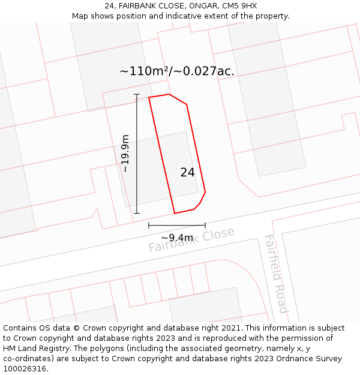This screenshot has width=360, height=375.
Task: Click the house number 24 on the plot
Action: point(187,172)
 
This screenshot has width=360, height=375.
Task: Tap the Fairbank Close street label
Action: point(191,239)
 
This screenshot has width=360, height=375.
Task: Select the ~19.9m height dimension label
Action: point(125,154)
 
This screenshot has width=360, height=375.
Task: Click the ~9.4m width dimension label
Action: point(177,238)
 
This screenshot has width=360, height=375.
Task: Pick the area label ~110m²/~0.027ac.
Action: point(177,71)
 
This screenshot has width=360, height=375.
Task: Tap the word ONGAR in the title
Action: point(192,6)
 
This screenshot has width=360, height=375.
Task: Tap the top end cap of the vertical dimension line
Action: point(137,94)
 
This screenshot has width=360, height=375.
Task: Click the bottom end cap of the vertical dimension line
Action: point(137,213)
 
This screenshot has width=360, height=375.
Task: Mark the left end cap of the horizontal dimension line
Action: point(149,226)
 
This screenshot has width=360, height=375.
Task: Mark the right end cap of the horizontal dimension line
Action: point(205,226)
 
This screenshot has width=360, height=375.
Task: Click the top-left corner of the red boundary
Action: point(149,97)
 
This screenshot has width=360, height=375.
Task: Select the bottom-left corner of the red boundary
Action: point(175,213)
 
